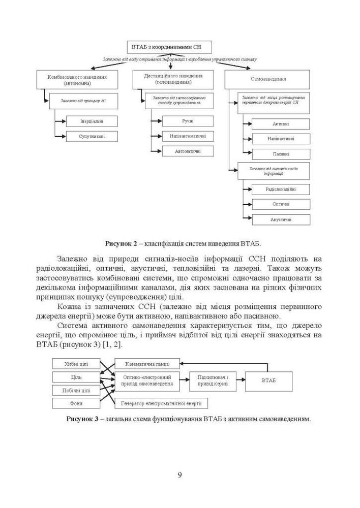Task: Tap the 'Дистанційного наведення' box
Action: pos(169,79)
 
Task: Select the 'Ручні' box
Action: pos(188,121)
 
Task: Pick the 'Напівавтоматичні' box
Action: pos(188,136)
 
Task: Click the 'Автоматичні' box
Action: pos(188,151)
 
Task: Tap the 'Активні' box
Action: pos(281,124)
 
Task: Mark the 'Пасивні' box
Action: pos(281,154)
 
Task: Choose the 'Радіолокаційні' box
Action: pos(281,189)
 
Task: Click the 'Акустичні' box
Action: pos(281,219)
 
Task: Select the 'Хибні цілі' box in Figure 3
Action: pos(77,364)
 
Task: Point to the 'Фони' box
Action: pos(77,403)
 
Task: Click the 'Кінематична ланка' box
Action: pos(147,364)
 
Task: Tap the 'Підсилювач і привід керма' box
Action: pos(213,381)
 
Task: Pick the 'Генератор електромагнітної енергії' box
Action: pos(161,403)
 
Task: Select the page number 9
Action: pos(180,475)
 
